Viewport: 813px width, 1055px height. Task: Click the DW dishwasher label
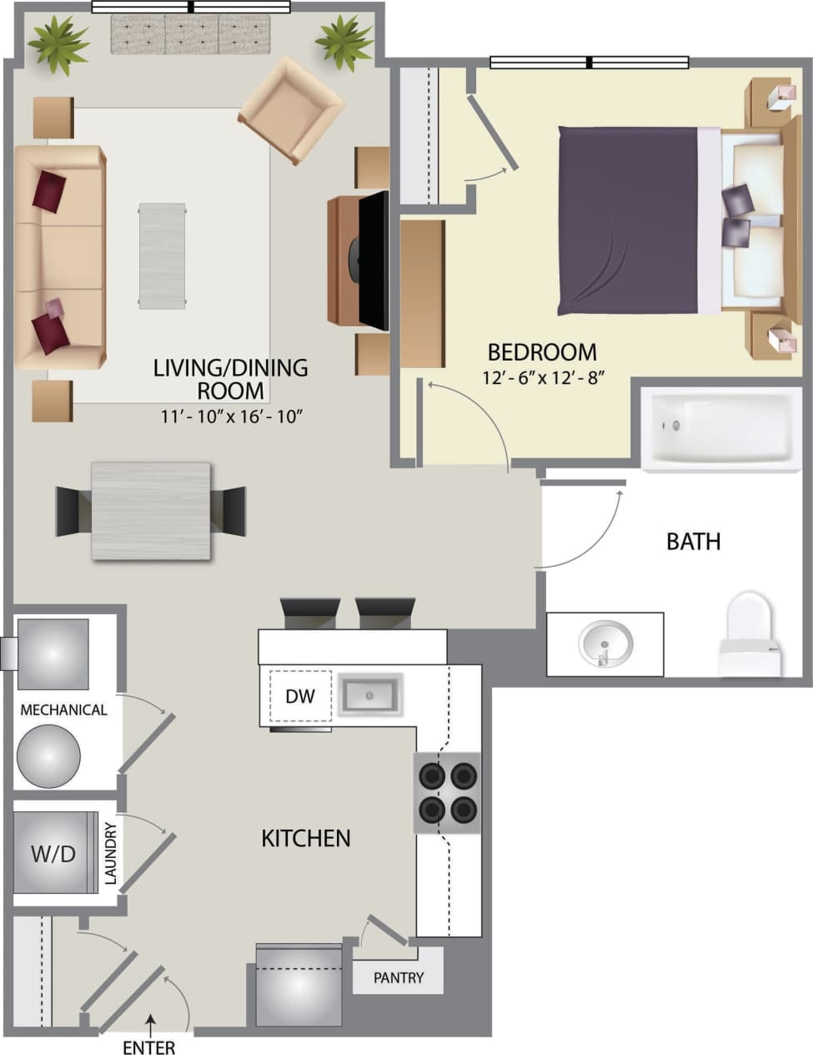tap(300, 695)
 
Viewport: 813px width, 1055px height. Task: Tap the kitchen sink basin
tap(369, 694)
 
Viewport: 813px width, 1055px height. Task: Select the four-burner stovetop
tap(448, 793)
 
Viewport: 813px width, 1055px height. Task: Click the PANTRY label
tap(399, 977)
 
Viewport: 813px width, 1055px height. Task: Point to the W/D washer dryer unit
tap(54, 852)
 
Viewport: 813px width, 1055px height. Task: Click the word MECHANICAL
tap(63, 710)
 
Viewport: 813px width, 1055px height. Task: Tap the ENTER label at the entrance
tap(149, 1047)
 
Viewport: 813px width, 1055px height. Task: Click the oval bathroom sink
tap(606, 644)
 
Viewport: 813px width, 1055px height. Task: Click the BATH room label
tap(693, 542)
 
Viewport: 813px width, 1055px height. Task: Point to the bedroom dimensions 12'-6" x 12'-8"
tap(542, 376)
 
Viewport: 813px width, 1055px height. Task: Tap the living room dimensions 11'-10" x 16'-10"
tap(231, 416)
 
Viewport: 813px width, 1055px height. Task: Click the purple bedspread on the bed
tap(625, 220)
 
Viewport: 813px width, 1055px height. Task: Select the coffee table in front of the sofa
tap(162, 255)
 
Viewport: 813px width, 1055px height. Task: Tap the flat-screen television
tap(374, 259)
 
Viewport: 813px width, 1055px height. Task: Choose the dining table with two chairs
tap(151, 511)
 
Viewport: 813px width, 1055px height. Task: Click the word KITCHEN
tap(306, 838)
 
